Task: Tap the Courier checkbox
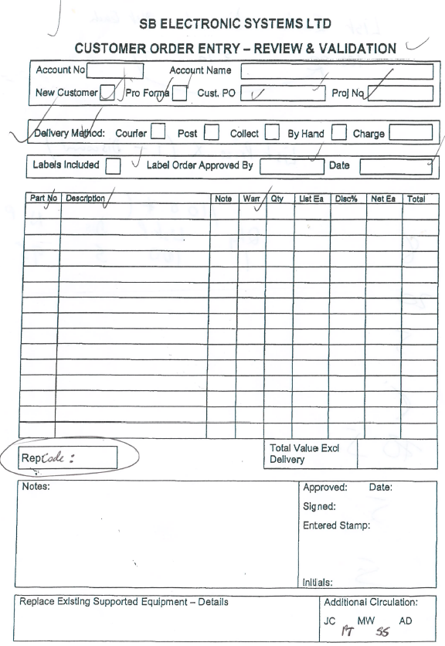point(159,133)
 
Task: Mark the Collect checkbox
point(270,133)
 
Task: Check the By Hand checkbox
point(337,133)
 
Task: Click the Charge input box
point(410,133)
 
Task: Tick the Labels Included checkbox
point(114,165)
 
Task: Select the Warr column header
point(251,199)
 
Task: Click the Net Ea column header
point(383,199)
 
